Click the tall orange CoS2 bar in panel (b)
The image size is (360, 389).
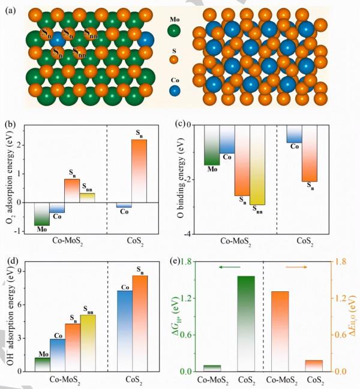click(x=139, y=173)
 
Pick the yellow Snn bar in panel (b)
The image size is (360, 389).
click(x=87, y=198)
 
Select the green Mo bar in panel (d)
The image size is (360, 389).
click(x=42, y=364)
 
